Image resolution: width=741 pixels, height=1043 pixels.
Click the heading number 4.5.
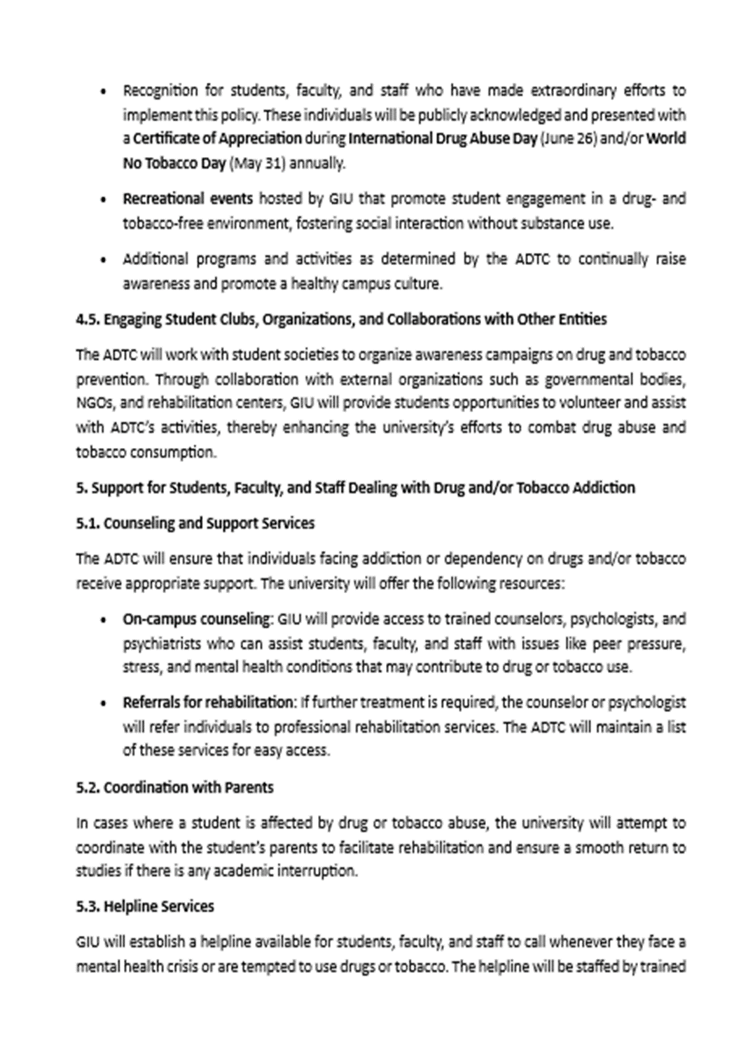[x=88, y=320]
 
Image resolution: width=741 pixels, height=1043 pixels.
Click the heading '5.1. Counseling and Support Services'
[x=195, y=524]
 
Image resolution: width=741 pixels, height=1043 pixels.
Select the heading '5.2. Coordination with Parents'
[x=174, y=787]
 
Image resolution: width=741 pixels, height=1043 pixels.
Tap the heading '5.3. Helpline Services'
[x=145, y=906]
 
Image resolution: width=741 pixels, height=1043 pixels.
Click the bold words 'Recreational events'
[x=188, y=199]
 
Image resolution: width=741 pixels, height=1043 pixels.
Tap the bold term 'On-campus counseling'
[x=196, y=620]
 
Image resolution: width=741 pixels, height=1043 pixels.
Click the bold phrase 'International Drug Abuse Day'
[x=443, y=138]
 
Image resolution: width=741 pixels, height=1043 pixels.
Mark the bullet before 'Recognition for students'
[x=104, y=91]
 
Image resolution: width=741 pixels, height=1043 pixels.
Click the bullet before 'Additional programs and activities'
[x=104, y=260]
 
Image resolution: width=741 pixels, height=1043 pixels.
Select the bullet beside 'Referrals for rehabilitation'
[x=104, y=703]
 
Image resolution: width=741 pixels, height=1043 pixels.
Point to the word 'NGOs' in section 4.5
[x=92, y=404]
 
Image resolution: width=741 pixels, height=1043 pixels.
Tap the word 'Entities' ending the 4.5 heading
[x=583, y=320]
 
